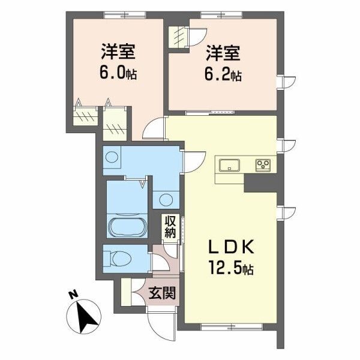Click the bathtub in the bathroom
tap(125, 229)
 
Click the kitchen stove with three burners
tap(262, 164)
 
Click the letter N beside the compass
tap(73, 294)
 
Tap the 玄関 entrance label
tap(162, 293)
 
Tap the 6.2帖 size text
tap(226, 76)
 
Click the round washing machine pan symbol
tap(112, 158)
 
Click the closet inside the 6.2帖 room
tap(179, 37)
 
